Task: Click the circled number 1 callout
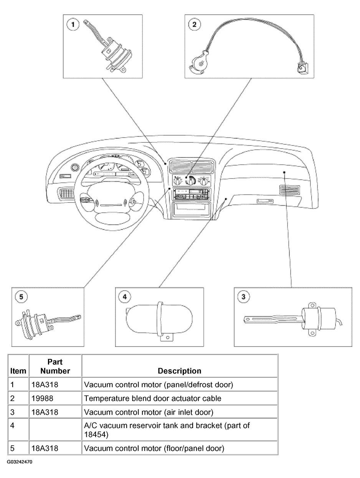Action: tap(73, 25)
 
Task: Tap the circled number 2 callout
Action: tap(194, 25)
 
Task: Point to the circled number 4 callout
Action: tap(125, 297)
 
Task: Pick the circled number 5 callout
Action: tap(21, 297)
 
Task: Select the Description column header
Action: tap(180, 371)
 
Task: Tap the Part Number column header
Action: tap(55, 367)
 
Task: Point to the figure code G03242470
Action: tap(19, 461)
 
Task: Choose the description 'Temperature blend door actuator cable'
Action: tap(152, 398)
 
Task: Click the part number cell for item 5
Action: tap(45, 448)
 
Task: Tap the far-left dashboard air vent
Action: tap(66, 192)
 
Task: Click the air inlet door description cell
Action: tap(149, 412)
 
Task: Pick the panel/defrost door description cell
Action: tap(159, 384)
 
